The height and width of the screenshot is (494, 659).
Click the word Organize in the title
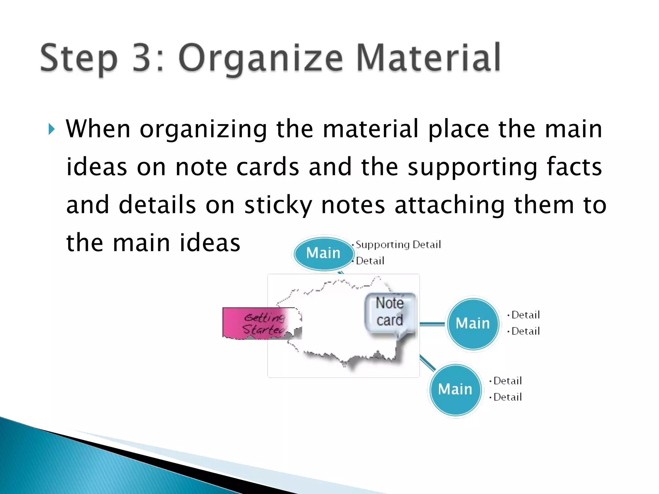coord(261,59)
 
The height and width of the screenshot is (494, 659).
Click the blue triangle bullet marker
coord(51,129)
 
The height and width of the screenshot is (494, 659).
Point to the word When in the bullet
coord(98,129)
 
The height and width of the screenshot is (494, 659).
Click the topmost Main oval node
coord(323,253)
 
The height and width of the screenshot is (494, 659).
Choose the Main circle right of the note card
coord(473,323)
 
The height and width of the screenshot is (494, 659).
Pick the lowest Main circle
coord(455,389)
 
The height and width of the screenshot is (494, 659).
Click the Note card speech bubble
coord(390,312)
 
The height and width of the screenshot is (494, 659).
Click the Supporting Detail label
coord(398,245)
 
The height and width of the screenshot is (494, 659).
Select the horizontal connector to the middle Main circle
coord(432,324)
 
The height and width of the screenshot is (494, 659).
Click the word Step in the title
coord(79,59)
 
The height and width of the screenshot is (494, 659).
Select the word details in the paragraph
coord(157,205)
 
